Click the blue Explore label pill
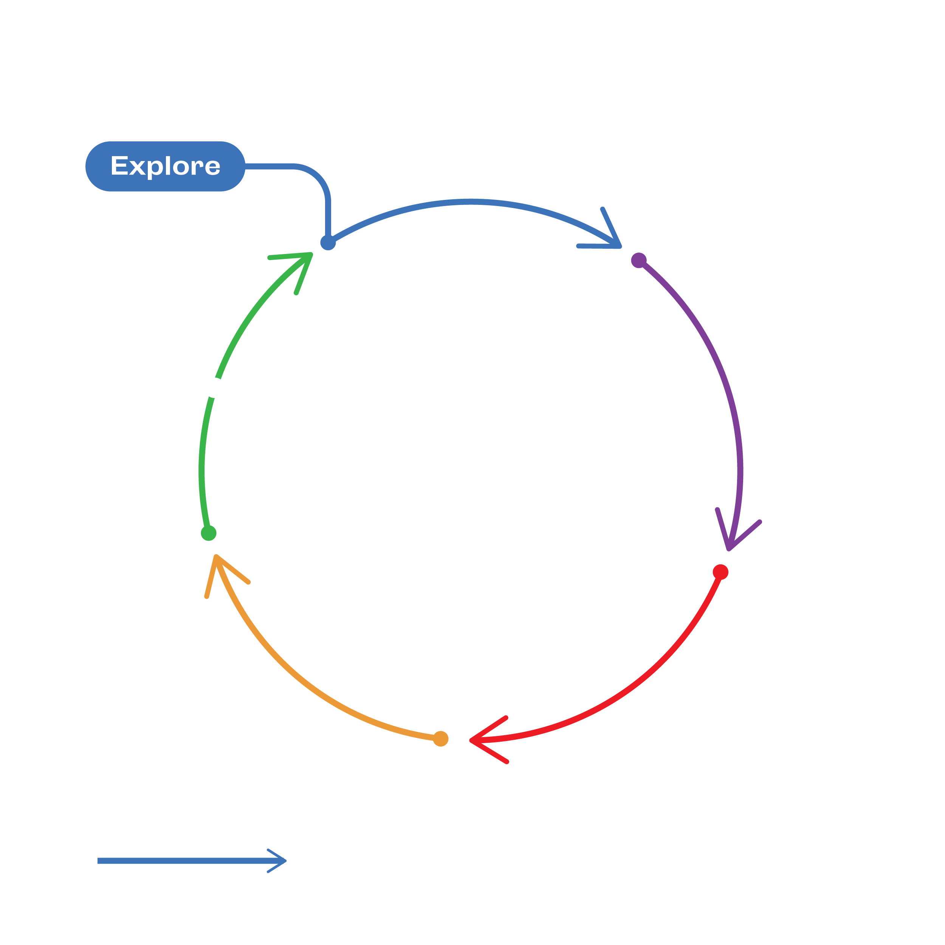coord(165,166)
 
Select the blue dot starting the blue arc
coord(328,242)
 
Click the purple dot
coord(639,260)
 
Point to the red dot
coord(720,572)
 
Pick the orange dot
coord(441,739)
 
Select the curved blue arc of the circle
coord(469,201)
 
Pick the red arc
coord(636,685)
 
